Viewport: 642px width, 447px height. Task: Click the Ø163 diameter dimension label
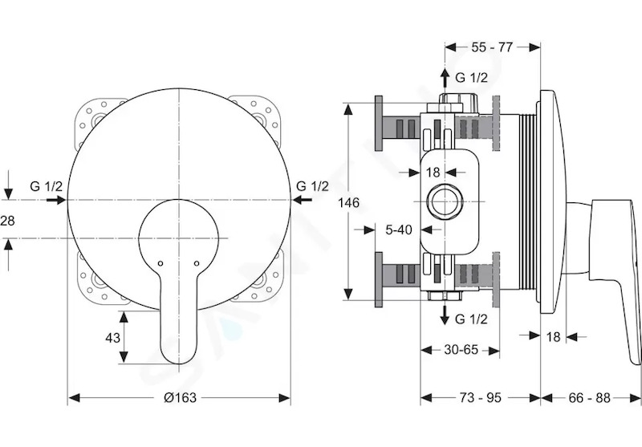tap(180, 397)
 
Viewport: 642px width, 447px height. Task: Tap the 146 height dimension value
tap(348, 202)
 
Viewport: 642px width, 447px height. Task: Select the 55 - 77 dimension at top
tap(492, 47)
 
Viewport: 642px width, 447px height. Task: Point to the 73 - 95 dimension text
tap(480, 397)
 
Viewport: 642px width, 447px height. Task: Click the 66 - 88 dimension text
tap(589, 397)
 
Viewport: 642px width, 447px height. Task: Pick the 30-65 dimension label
tap(461, 350)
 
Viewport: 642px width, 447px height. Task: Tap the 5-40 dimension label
tap(399, 230)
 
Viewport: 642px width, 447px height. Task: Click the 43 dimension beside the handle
tap(112, 338)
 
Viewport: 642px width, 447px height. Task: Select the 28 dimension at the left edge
tap(7, 221)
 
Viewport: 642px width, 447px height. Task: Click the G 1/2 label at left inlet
tap(47, 187)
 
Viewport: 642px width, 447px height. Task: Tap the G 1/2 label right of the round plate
tap(312, 187)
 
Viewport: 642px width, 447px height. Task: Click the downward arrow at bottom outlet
tap(445, 315)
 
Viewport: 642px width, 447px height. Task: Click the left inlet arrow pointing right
tap(55, 200)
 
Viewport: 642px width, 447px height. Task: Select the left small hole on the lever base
tap(160, 263)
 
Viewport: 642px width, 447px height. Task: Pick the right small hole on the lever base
tap(197, 263)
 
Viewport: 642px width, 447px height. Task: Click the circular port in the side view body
tap(445, 201)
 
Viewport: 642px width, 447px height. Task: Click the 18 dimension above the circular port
tap(433, 173)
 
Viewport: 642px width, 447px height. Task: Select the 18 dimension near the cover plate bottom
tap(553, 337)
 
